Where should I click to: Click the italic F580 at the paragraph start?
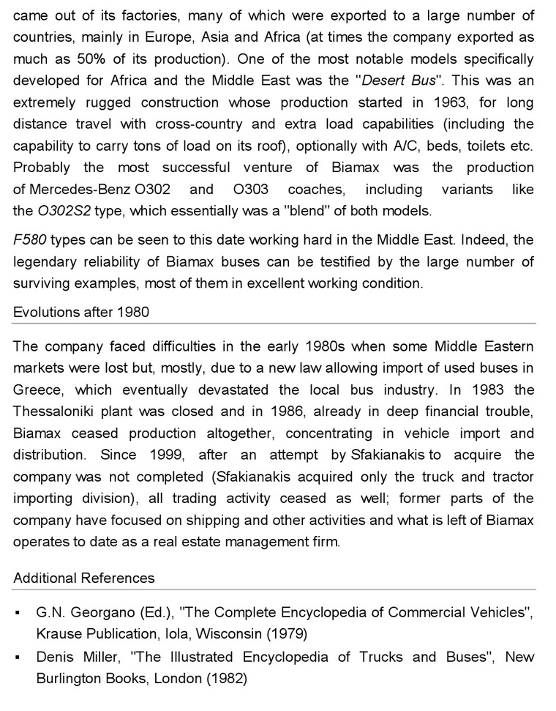tap(30, 241)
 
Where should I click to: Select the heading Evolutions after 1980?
tap(81, 313)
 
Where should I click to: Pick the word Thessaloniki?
tap(56, 412)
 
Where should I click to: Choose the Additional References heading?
tap(84, 578)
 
